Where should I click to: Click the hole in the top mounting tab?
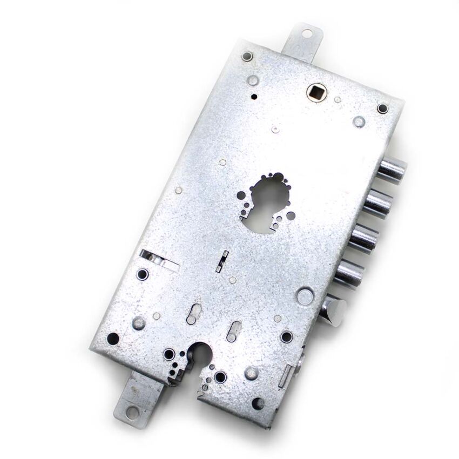click(x=307, y=34)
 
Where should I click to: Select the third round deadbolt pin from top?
click(x=366, y=238)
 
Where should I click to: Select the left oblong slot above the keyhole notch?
click(x=194, y=314)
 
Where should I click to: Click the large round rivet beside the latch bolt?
click(x=305, y=295)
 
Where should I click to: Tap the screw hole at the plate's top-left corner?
click(x=247, y=56)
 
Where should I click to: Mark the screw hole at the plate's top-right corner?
click(x=382, y=109)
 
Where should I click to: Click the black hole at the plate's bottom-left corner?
click(x=113, y=339)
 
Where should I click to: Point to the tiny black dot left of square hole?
click(x=254, y=97)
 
